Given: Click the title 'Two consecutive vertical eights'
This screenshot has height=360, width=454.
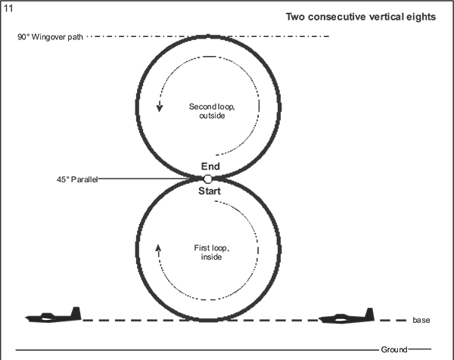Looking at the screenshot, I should (x=360, y=17).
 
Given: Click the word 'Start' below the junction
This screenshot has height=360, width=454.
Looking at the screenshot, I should (x=209, y=192).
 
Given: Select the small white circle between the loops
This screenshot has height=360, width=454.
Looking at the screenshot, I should (x=207, y=179).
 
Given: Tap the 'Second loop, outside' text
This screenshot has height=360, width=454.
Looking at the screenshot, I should (x=210, y=110).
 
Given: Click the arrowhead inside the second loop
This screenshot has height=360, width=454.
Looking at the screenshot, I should (x=160, y=107).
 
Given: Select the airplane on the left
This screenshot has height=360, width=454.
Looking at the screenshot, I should (x=53, y=316).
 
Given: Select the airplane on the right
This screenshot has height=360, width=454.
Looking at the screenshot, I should (x=347, y=317).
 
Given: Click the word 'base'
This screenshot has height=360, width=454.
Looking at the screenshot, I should (x=421, y=321).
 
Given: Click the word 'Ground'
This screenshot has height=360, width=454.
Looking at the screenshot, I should (x=394, y=349).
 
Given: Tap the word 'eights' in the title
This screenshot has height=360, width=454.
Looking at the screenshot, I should (x=421, y=17).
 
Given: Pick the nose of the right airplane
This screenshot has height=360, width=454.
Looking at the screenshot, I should (x=321, y=319).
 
